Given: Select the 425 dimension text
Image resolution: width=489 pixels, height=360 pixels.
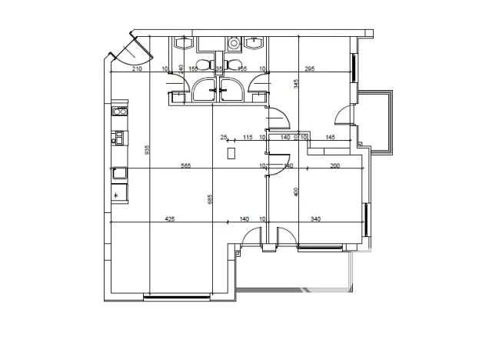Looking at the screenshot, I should click(x=170, y=219).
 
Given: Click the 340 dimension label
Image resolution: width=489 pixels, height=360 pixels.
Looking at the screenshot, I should click(x=315, y=219).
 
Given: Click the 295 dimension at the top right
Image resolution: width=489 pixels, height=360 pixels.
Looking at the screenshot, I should click(x=310, y=68).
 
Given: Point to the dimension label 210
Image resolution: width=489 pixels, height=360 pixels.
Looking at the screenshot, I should click(x=138, y=68).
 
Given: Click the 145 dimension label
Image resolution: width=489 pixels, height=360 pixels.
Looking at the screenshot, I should click(x=329, y=137).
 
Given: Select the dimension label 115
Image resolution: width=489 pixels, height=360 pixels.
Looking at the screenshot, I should click(x=248, y=137).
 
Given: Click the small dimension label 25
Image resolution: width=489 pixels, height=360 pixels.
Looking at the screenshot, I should click(x=224, y=137).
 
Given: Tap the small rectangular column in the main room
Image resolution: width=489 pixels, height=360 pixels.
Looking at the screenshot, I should click(x=231, y=153).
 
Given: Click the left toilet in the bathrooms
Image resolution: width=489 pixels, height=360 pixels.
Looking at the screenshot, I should click(x=205, y=65).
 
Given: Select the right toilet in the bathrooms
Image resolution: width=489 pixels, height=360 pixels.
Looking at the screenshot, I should click(x=234, y=65).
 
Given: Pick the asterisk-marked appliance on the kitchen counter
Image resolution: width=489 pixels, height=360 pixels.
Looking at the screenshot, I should click(x=117, y=195).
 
